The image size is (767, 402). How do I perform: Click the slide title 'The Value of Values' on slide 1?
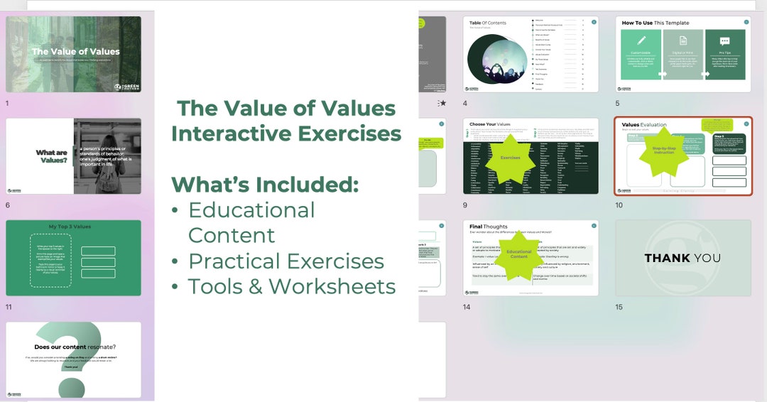coord(75,51)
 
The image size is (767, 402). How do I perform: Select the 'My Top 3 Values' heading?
coord(70,227)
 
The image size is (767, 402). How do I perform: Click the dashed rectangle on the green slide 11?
coord(50,261)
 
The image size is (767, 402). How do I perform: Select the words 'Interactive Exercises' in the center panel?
coord(286,134)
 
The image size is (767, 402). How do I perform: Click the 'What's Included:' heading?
coord(265,184)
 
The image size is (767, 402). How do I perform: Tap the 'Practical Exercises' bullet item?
coord(285,261)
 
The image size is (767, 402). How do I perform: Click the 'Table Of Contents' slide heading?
coord(488,23)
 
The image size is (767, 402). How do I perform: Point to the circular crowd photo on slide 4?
coord(498,63)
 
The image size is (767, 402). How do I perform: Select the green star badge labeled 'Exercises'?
coord(510,158)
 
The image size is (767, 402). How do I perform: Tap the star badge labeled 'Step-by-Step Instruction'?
coord(663,152)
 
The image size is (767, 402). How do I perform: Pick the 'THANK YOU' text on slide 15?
coord(682,258)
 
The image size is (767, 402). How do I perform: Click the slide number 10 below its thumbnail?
coord(619,205)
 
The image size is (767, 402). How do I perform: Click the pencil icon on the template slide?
coord(641,41)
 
